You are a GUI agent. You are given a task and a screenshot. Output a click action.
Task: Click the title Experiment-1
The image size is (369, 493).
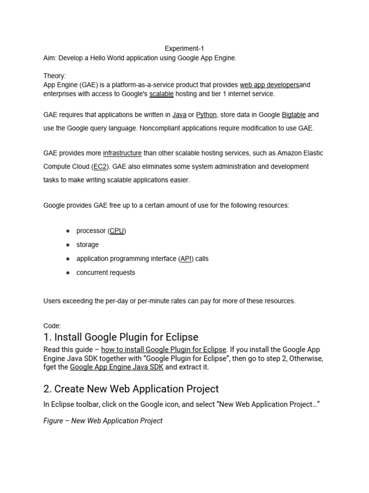click(x=184, y=49)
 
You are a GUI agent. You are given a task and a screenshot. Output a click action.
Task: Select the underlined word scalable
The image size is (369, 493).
click(x=161, y=94)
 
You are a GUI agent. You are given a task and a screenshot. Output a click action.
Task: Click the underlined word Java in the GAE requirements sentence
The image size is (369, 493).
click(x=179, y=115)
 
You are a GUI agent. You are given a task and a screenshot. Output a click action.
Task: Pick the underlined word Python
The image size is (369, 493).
click(x=206, y=115)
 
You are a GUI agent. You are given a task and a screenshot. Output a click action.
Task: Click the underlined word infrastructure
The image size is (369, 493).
click(x=122, y=153)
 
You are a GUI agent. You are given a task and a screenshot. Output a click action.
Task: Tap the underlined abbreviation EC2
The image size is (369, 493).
click(x=99, y=167)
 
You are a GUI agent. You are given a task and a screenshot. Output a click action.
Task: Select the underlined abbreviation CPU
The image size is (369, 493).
click(x=117, y=231)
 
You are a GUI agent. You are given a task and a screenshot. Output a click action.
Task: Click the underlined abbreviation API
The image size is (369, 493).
click(x=186, y=259)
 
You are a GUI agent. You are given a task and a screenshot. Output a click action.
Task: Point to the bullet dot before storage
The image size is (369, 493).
click(x=68, y=245)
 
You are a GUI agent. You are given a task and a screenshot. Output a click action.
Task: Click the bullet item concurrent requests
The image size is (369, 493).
click(x=106, y=272)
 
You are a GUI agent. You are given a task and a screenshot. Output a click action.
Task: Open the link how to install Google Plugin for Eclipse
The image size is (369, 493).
click(x=163, y=350)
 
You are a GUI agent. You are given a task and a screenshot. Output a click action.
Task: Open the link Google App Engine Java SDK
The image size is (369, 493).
click(x=117, y=367)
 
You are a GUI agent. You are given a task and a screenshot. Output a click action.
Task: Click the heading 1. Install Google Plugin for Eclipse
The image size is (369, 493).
click(x=121, y=337)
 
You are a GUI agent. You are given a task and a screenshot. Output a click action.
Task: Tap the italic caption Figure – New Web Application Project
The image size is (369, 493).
click(x=103, y=421)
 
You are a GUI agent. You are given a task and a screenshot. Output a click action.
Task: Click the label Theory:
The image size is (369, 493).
click(x=55, y=76)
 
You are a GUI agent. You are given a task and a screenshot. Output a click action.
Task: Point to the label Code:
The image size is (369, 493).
click(x=52, y=326)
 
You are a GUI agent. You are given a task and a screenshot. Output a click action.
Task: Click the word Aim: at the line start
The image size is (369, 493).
click(x=50, y=58)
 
